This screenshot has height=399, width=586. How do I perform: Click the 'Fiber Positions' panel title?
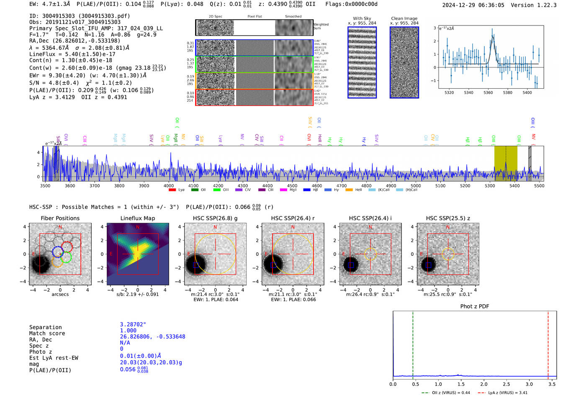60,218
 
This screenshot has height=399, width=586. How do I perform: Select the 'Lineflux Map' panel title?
138,218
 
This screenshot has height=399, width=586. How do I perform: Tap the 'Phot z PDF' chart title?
475,306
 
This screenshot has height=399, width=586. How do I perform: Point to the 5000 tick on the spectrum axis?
416,185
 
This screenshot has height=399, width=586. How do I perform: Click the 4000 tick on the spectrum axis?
169,185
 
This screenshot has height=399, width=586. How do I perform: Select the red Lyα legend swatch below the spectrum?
172,190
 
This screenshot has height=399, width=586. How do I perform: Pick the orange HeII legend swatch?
349,190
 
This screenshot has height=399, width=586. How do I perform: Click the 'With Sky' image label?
362,18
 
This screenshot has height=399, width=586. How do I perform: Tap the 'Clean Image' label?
404,18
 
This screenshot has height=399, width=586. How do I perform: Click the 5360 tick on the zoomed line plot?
488,93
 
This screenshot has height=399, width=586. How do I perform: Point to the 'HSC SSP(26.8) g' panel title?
215,218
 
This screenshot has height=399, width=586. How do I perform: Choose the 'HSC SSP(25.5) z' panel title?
448,218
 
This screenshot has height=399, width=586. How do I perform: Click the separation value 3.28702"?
133,324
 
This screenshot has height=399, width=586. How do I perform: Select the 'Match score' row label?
47,333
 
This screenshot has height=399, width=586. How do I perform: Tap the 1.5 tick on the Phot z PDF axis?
461,384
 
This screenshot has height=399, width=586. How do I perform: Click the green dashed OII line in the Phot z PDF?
413,343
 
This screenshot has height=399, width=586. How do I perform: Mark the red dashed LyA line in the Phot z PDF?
548,343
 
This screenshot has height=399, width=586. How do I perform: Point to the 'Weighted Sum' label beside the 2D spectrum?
321,26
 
